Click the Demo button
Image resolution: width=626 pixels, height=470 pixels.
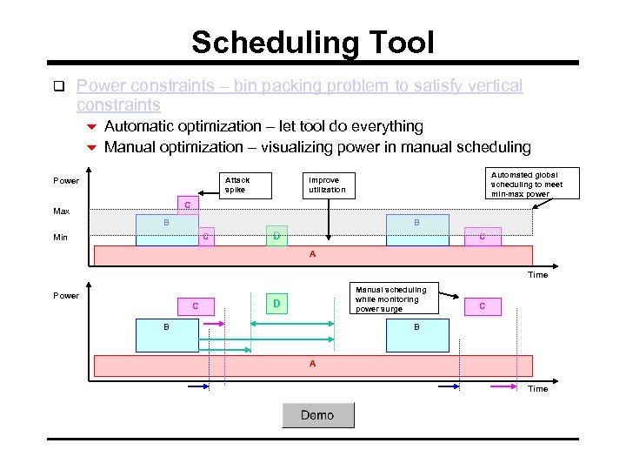[x=317, y=415]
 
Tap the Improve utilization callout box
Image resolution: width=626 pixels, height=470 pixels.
[x=328, y=185]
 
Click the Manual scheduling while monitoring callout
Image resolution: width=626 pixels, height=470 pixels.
[x=392, y=299]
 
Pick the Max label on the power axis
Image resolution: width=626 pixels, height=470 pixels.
[x=61, y=211]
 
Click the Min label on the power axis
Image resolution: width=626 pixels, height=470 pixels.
[x=61, y=237]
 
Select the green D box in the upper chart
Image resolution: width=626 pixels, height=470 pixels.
[x=276, y=236]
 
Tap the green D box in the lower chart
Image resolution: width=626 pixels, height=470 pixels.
[x=276, y=304]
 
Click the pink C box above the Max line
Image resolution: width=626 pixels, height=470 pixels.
[x=187, y=205]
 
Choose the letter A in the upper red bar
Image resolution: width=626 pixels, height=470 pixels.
[x=313, y=255]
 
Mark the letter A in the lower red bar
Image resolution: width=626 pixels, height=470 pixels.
[x=313, y=364]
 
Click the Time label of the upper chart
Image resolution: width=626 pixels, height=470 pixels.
[x=537, y=275]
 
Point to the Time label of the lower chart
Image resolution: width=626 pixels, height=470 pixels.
[x=537, y=388]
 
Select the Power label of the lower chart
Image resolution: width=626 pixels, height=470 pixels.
[x=66, y=295]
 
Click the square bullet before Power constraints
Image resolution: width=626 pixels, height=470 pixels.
[x=59, y=86]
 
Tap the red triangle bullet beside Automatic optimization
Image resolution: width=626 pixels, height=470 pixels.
[x=90, y=127]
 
